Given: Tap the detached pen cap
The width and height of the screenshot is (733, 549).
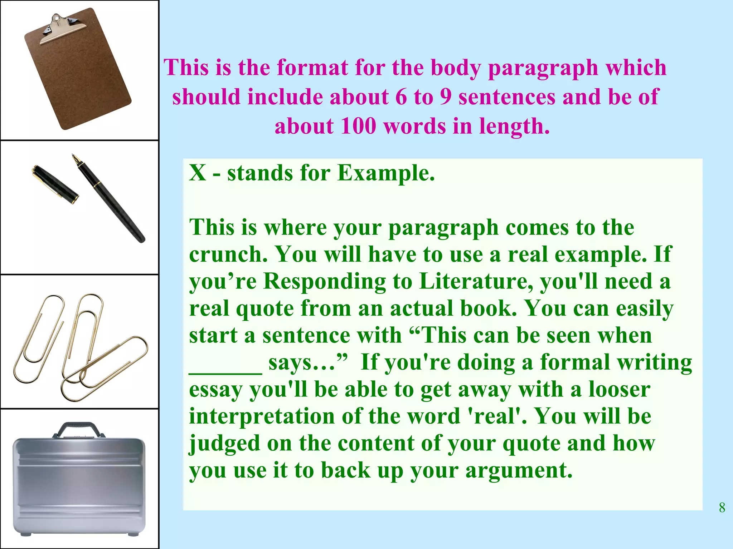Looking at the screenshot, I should coord(55,184).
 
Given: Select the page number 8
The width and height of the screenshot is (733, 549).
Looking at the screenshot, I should coord(722,508).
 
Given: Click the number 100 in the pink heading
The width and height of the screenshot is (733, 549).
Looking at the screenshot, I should coord(358,126).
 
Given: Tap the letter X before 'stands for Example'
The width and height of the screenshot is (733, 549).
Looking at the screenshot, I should coord(198,173).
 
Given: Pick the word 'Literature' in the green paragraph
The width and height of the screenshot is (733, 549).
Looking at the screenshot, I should coord(476,281).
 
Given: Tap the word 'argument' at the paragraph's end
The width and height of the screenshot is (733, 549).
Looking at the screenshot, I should coord(519,471).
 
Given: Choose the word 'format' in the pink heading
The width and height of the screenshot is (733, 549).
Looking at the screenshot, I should coord(312,68).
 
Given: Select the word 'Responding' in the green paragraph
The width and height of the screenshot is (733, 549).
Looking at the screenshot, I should coord(325,281).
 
